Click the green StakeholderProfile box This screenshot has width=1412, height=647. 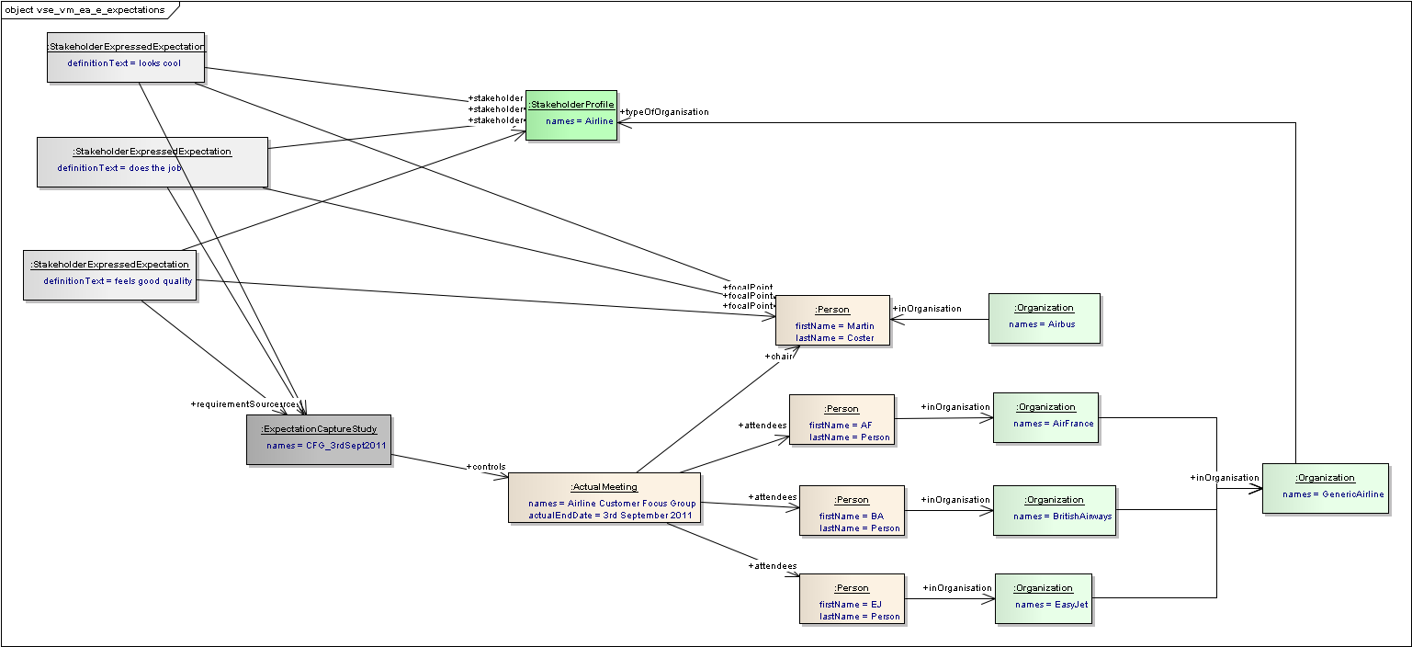pyautogui.click(x=570, y=115)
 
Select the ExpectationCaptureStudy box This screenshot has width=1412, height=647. pyautogui.click(x=318, y=439)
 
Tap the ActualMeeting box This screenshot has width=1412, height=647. pyautogui.click(x=604, y=497)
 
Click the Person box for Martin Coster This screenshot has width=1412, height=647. pyautogui.click(x=832, y=320)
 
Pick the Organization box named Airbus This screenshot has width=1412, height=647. pyautogui.click(x=1044, y=318)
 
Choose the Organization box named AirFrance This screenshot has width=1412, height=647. pyautogui.click(x=1045, y=417)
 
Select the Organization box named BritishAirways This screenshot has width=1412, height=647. pyautogui.click(x=1054, y=510)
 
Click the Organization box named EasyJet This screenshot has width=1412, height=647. pyautogui.click(x=1043, y=598)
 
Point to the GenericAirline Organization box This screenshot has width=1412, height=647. pyautogui.click(x=1325, y=488)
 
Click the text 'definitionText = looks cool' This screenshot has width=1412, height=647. pyautogui.click(x=124, y=63)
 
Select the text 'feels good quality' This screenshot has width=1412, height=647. pyautogui.click(x=153, y=281)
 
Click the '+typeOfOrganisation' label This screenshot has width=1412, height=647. pyautogui.click(x=665, y=112)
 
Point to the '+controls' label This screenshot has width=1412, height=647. pyautogui.click(x=486, y=467)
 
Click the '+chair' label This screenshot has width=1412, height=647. pyautogui.click(x=778, y=356)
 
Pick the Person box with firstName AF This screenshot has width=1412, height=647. pyautogui.click(x=841, y=419)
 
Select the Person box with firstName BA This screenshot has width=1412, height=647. pyautogui.click(x=851, y=510)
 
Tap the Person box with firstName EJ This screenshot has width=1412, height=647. pyautogui.click(x=852, y=598)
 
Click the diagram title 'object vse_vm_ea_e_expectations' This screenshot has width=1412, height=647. pyautogui.click(x=85, y=10)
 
